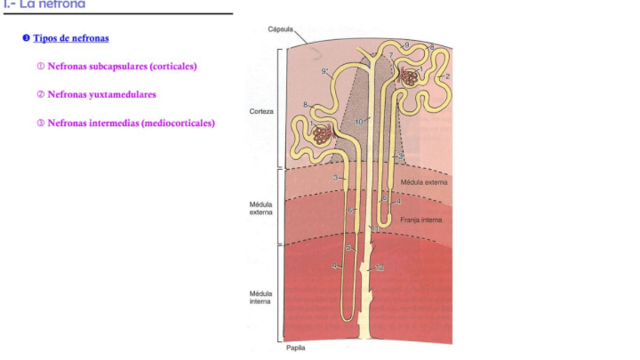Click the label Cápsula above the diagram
(x=280, y=29)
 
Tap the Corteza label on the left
(x=261, y=111)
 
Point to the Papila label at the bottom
(x=296, y=348)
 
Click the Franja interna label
(x=421, y=220)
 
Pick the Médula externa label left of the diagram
(x=261, y=208)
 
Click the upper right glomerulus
(x=412, y=75)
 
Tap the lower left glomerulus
(x=323, y=135)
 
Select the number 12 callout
(x=380, y=268)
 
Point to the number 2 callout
(x=448, y=76)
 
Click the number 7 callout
(x=391, y=55)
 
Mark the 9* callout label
(x=326, y=71)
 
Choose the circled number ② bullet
(x=41, y=95)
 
